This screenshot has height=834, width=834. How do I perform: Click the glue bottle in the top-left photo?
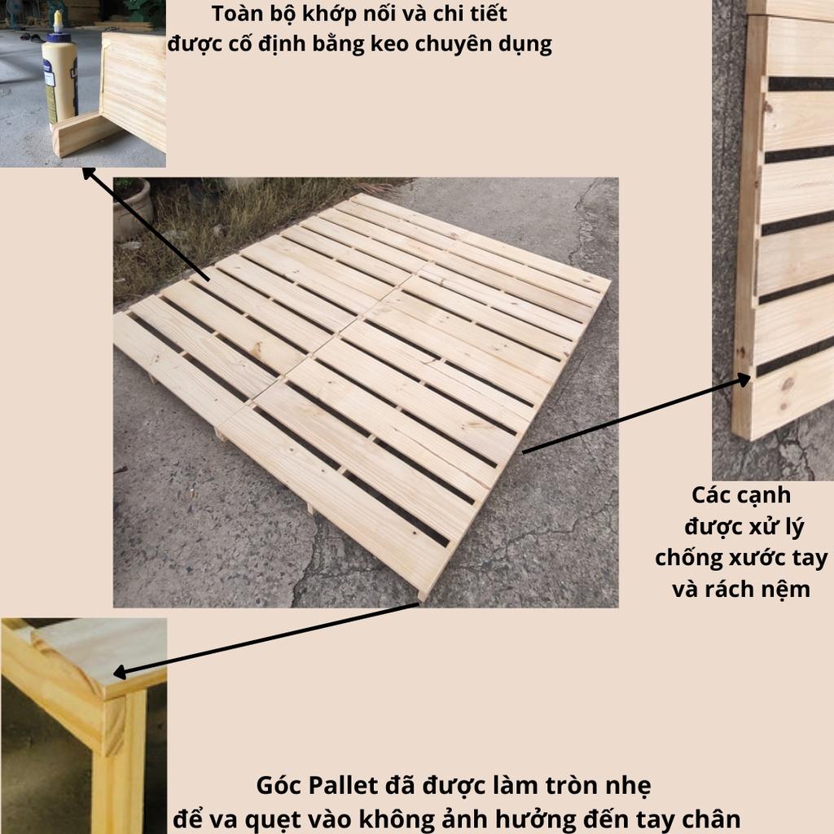(59, 72)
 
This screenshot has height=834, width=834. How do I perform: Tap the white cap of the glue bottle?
(58, 22)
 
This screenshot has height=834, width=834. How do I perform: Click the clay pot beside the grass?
(132, 208)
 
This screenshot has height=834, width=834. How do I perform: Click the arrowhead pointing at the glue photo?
(88, 173)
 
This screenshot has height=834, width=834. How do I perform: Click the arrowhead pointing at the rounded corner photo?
(121, 673)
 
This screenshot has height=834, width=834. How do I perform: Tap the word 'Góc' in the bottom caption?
(280, 786)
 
